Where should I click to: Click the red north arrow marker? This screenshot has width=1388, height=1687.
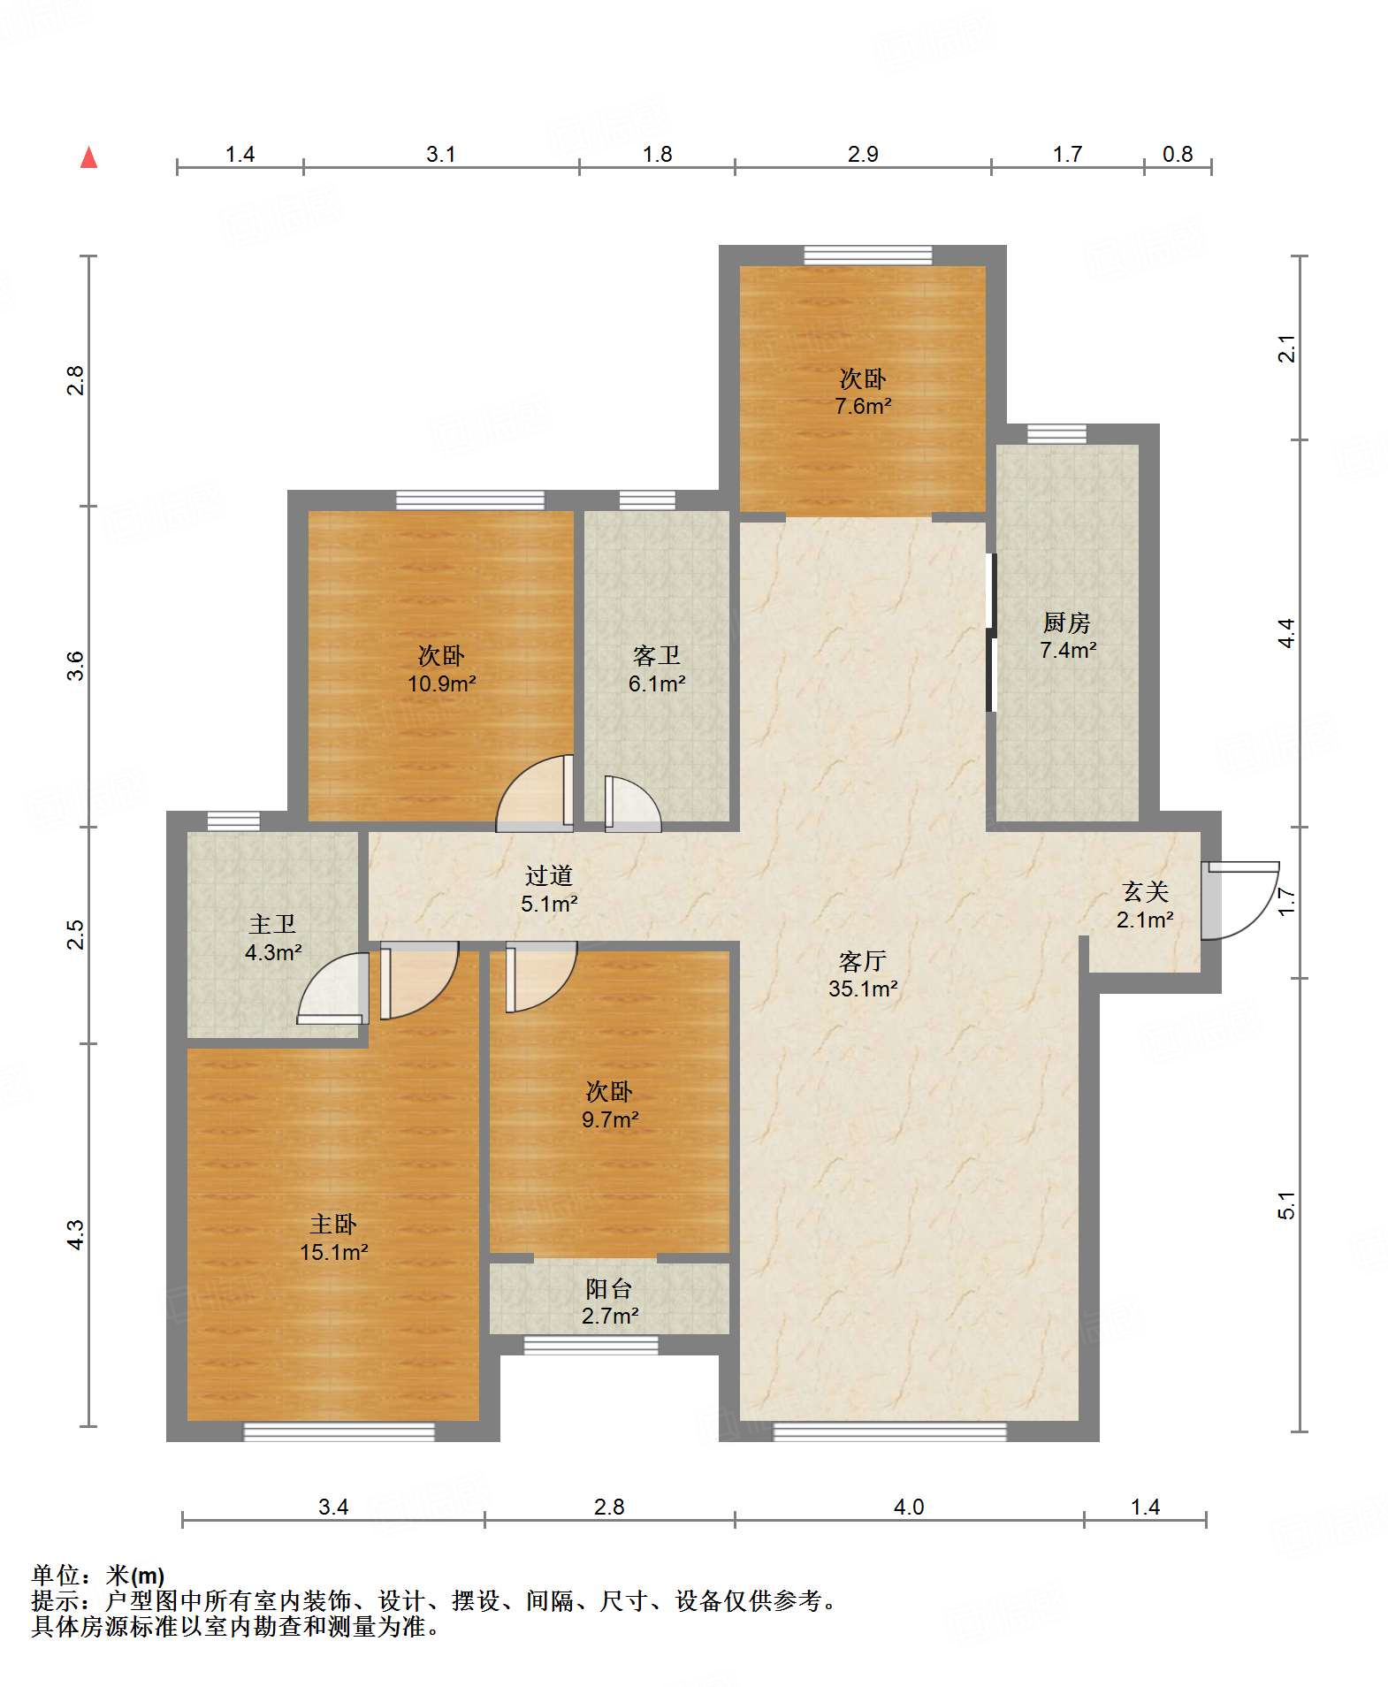coord(88,157)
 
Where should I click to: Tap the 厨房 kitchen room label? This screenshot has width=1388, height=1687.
coord(1066,622)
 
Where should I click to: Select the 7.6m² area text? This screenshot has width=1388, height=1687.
coord(863,406)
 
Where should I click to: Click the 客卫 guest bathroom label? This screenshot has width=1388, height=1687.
coord(656,655)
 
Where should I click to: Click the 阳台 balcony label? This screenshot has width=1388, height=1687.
coord(609,1288)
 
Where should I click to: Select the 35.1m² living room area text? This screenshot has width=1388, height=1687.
coord(863,989)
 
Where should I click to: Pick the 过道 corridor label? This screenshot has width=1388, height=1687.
coord(549,875)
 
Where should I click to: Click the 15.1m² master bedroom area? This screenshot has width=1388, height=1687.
coord(333,1252)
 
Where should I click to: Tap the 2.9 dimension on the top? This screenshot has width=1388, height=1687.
coord(863,154)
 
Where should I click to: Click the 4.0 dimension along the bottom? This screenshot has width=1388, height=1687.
coord(909,1507)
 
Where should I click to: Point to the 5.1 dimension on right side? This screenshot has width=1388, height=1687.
coord(1286,1205)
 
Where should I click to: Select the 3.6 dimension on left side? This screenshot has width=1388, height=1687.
coord(76,665)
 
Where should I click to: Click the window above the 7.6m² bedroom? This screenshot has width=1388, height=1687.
coord(868,256)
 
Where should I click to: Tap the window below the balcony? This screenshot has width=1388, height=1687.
coord(591,1345)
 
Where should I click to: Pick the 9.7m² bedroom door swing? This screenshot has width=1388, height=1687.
coord(541,977)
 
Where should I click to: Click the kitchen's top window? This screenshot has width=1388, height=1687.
coord(1056,433)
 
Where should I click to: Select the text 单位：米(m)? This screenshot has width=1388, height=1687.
coord(98,1575)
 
